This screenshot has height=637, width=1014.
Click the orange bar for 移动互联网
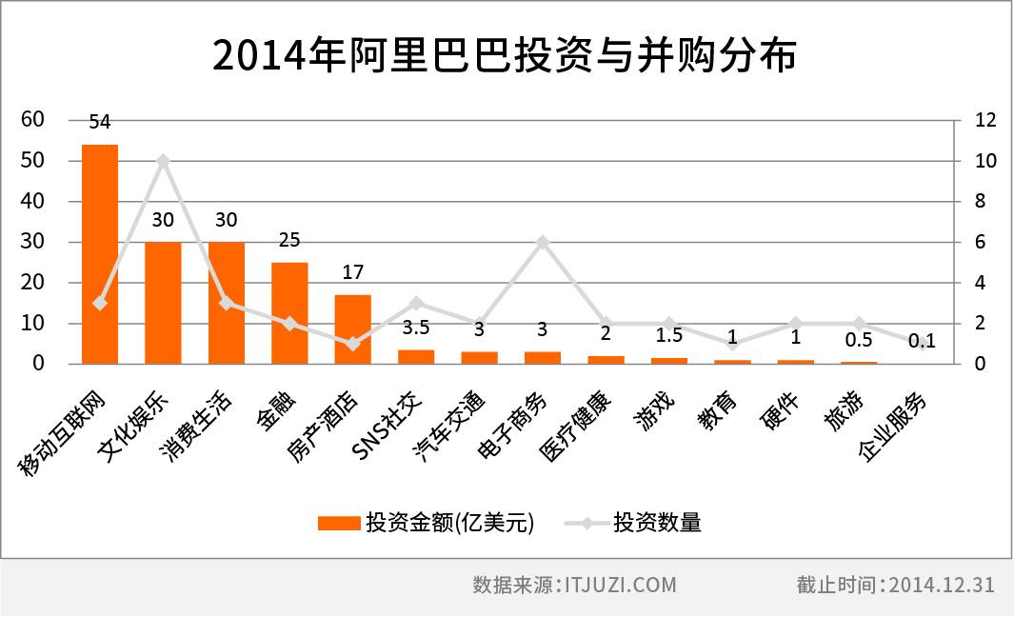coord(100,254)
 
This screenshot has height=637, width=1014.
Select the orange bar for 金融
coord(289,313)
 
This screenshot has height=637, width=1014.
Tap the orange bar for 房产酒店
coord(352,329)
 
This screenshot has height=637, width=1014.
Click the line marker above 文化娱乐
coord(163,161)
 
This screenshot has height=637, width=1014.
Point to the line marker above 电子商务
coord(542,243)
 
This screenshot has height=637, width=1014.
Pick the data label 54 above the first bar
coord(100,122)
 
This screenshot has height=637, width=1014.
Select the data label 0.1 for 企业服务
coord(921,342)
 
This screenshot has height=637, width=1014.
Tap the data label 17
coord(352,273)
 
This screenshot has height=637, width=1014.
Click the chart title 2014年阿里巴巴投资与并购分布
coord(505,56)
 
